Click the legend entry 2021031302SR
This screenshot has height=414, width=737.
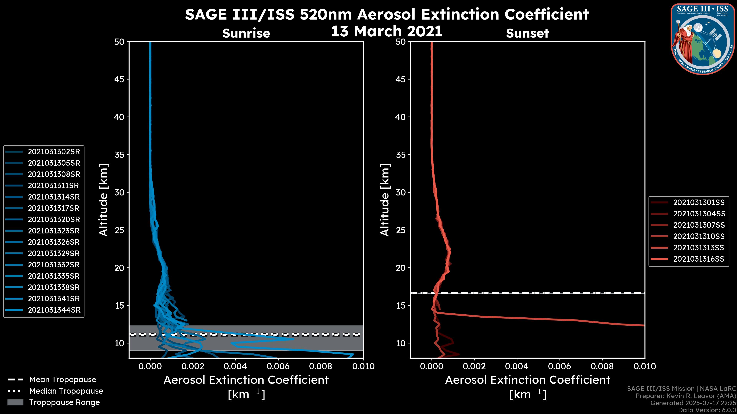coord(54,152)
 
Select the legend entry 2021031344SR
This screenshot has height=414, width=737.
coord(54,310)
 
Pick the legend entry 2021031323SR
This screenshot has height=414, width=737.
coord(54,231)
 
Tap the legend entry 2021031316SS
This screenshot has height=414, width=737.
coord(699,259)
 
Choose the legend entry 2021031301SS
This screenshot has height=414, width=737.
coord(699,203)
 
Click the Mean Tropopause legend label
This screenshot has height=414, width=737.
coord(62,380)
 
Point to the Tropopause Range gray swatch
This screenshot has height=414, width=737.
coord(15,402)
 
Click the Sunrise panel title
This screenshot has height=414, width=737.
coord(246,33)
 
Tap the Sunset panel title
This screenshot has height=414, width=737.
coord(527,33)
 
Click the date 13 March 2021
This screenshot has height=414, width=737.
coord(387,31)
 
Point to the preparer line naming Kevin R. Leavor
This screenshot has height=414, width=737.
coord(686,396)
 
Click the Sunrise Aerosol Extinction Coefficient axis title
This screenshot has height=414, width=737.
coord(246,380)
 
